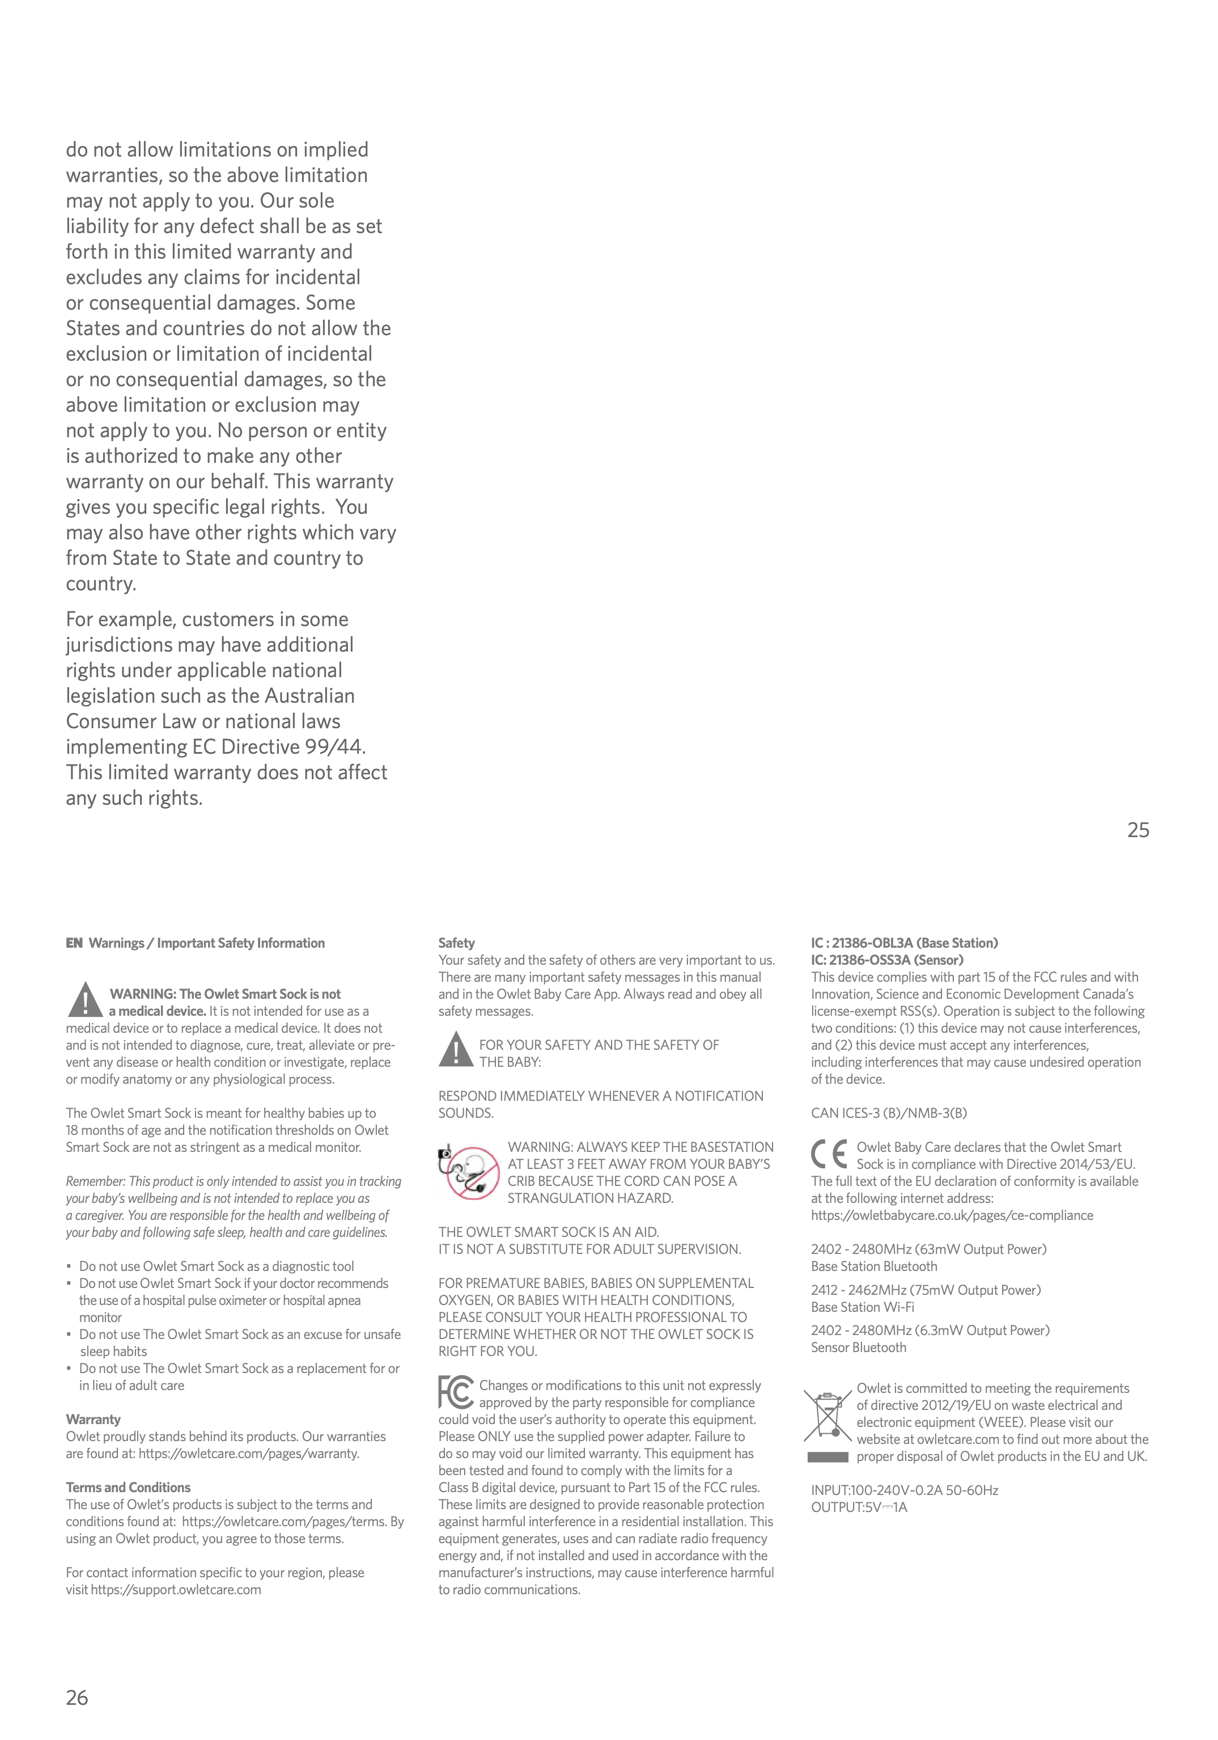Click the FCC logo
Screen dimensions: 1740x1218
click(x=456, y=1392)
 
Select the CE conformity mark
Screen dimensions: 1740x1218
click(x=829, y=1154)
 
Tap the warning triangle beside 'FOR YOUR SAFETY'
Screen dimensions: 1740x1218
click(x=456, y=1050)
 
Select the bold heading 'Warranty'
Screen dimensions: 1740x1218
click(x=93, y=1418)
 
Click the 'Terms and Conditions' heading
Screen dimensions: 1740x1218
click(x=128, y=1487)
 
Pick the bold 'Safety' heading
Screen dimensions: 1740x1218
click(x=456, y=943)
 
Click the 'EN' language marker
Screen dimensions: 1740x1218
click(x=74, y=943)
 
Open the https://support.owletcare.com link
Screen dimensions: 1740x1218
click(x=176, y=1589)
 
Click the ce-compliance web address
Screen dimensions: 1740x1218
click(x=952, y=1215)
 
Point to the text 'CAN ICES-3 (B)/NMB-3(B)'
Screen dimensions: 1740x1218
click(x=889, y=1113)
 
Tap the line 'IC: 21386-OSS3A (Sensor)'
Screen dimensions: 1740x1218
click(x=887, y=960)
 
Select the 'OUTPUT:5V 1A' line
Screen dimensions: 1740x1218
click(x=859, y=1506)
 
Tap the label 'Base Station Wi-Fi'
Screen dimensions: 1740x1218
click(x=862, y=1307)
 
